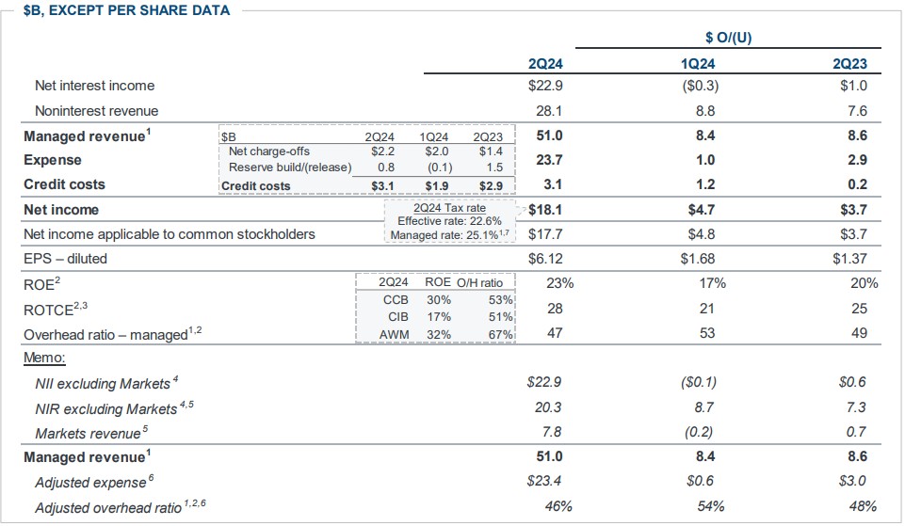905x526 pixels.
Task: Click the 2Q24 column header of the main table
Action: [x=546, y=64]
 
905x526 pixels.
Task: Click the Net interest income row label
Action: [x=95, y=86]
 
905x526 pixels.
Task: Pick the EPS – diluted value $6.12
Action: [x=545, y=258]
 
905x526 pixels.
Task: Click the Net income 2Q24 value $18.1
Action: [x=545, y=209]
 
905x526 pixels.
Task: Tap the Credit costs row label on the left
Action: [x=64, y=184]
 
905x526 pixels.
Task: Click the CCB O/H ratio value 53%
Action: [x=501, y=300]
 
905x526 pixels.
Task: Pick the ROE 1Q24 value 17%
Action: [x=711, y=282]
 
